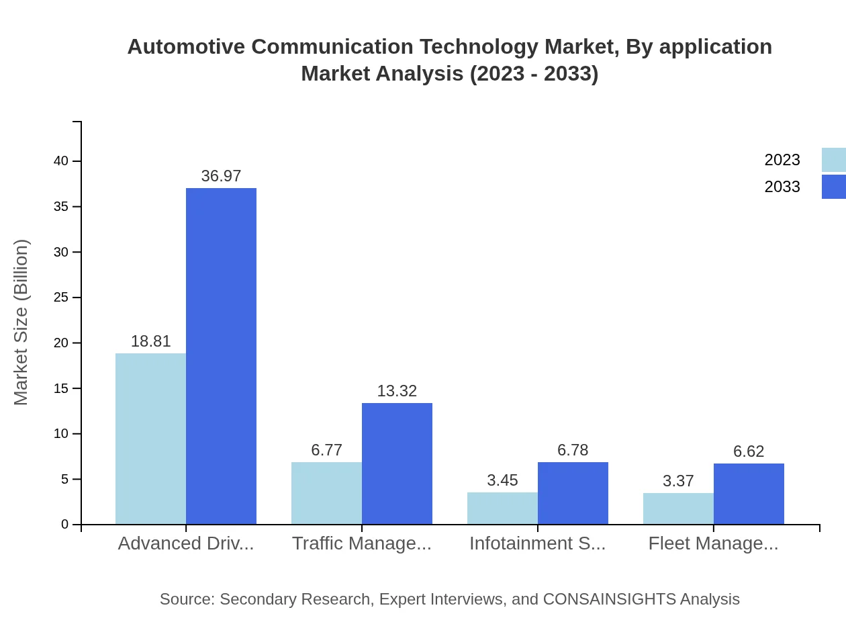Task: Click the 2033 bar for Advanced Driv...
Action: (221, 356)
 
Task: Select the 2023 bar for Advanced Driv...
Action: (150, 439)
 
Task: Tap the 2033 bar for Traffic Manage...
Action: (397, 463)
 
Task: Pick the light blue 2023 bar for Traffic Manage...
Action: (326, 493)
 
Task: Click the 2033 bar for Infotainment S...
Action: (573, 493)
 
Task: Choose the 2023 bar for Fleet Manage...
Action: (678, 509)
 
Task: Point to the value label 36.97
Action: (221, 176)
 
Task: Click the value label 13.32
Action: (397, 391)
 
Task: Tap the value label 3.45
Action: (502, 480)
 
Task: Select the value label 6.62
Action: (749, 451)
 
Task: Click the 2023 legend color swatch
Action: (833, 160)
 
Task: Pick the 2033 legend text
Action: (782, 187)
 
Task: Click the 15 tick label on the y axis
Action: (61, 388)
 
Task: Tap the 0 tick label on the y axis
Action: (65, 525)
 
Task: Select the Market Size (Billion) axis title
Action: (21, 322)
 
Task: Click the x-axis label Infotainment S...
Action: (537, 543)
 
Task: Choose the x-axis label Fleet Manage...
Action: (713, 543)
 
